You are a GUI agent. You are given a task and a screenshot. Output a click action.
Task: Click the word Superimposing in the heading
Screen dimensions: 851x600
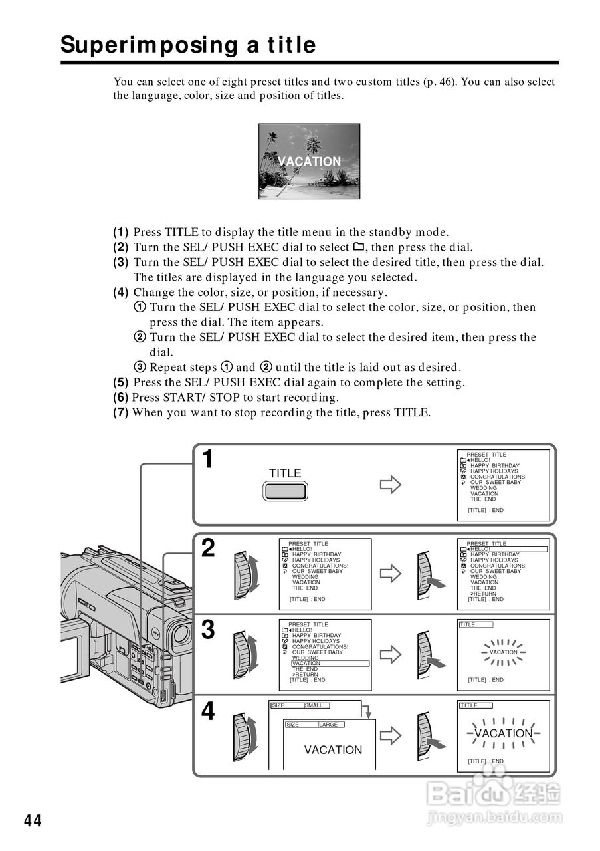click(138, 45)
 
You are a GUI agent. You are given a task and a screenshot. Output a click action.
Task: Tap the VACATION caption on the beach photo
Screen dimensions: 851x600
click(309, 162)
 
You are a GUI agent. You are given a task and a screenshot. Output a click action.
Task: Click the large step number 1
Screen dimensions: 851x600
click(208, 459)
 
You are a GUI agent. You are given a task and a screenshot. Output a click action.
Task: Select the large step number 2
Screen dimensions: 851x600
click(208, 548)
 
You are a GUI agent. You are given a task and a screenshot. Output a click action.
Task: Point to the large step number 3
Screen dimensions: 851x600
click(208, 630)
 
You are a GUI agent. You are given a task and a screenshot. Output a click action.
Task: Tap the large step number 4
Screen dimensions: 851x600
click(208, 712)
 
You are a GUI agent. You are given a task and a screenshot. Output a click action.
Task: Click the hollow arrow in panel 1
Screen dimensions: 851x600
click(390, 485)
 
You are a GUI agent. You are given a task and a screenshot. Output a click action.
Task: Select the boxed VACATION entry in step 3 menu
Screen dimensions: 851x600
click(306, 663)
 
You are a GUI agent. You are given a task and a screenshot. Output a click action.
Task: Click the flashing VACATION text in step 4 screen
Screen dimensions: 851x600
click(503, 733)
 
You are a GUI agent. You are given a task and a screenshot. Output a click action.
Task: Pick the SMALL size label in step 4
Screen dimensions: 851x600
click(313, 705)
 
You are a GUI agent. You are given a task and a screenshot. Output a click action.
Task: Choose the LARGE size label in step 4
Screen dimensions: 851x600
click(328, 725)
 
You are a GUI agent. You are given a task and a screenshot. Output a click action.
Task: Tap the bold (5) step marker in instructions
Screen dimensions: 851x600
click(120, 382)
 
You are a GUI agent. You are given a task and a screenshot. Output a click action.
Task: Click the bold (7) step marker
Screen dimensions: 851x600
click(120, 413)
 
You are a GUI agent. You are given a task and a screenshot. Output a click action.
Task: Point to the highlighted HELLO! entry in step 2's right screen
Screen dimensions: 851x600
click(480, 549)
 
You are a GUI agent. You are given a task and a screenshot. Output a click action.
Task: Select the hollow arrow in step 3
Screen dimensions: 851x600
click(390, 654)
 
